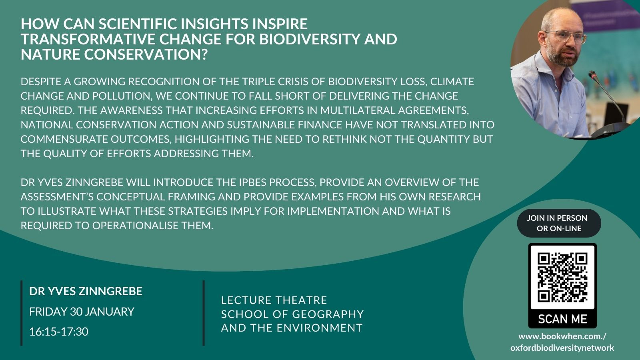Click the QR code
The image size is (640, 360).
(562, 278)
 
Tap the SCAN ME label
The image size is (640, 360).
(562, 319)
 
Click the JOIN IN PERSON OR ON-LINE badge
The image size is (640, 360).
(559, 223)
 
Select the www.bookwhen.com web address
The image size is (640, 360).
(562, 342)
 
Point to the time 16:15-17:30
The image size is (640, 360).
(58, 332)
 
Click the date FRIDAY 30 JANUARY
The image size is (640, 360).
(82, 312)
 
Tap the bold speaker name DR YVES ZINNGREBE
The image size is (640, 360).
(86, 291)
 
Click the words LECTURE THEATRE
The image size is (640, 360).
(274, 300)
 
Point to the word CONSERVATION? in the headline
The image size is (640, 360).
(146, 54)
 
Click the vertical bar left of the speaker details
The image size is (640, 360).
(22, 313)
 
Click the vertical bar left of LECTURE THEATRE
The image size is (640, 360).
(204, 313)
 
